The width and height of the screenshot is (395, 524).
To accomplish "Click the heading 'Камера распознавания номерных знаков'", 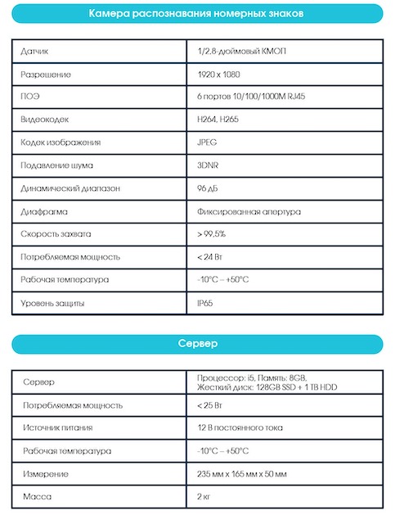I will (197, 13).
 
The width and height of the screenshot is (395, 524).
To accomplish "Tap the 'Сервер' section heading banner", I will (197, 344).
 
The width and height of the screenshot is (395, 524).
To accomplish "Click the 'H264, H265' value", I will (218, 120).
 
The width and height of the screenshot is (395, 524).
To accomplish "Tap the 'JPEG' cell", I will (207, 142).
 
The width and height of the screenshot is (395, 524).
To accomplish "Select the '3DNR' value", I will (208, 165).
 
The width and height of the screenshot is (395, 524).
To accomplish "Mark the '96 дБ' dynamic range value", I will (209, 188).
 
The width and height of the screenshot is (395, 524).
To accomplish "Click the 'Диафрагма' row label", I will (42, 211).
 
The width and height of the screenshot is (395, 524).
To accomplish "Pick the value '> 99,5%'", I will (211, 234).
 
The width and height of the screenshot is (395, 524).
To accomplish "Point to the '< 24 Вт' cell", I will (211, 257).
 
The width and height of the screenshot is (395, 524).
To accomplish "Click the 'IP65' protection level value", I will (205, 304).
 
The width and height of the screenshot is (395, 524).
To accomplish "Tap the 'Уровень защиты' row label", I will (53, 304).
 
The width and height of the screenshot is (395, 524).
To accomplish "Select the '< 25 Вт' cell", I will (211, 404).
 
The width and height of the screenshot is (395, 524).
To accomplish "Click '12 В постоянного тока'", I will (240, 427).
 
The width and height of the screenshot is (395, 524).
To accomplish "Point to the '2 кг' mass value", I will (205, 497).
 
